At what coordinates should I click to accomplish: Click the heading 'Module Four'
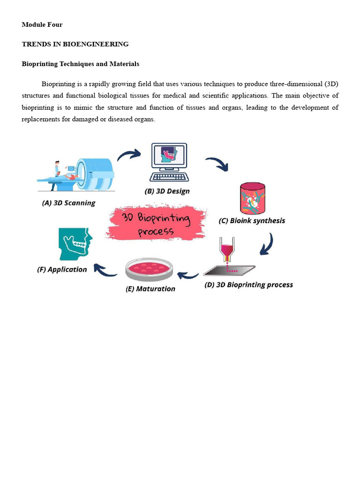click(x=42, y=24)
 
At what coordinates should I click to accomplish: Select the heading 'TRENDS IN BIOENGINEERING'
click(x=75, y=44)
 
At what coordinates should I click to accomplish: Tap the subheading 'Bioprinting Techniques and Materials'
click(x=80, y=64)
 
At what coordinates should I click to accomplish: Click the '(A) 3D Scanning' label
click(x=68, y=203)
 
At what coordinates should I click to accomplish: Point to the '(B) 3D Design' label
click(x=167, y=191)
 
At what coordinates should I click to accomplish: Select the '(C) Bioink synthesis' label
click(x=252, y=220)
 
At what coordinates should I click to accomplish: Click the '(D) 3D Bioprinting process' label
click(x=249, y=285)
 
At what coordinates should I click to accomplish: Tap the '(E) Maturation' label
click(x=150, y=289)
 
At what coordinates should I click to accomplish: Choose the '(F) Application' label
click(x=62, y=270)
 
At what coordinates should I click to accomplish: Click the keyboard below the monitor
click(x=169, y=177)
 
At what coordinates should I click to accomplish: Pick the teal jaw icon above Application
click(x=74, y=244)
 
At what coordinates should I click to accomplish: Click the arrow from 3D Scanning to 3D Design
click(x=129, y=155)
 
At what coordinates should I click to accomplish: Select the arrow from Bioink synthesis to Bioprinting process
click(x=267, y=244)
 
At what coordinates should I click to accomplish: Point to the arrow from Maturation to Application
click(x=105, y=269)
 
